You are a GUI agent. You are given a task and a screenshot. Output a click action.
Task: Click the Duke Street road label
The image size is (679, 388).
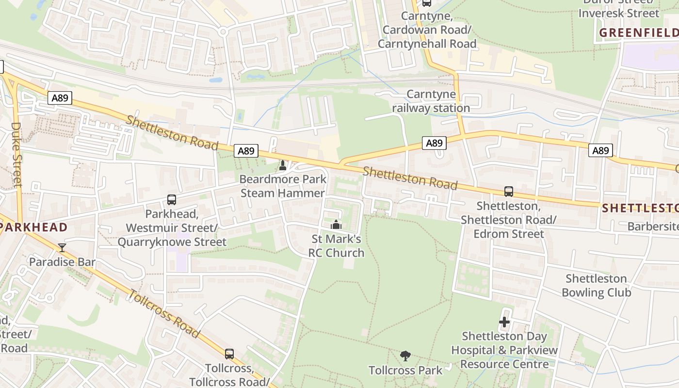(16, 154)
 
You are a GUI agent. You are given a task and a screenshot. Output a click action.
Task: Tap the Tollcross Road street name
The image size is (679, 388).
(164, 313)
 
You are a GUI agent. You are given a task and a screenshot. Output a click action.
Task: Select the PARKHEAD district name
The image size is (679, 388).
(33, 227)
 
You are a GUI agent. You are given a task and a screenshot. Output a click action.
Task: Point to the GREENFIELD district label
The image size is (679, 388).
(638, 32)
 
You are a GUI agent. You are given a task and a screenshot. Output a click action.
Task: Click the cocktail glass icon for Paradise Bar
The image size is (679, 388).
(62, 248)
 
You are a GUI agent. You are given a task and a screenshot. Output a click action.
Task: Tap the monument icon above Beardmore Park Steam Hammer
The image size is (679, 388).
(283, 165)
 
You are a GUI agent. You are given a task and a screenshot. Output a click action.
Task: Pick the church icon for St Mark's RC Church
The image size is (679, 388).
(336, 225)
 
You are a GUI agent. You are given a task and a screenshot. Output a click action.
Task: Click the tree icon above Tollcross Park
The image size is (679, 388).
(405, 356)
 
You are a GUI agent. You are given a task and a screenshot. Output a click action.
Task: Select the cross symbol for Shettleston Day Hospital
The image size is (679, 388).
(504, 322)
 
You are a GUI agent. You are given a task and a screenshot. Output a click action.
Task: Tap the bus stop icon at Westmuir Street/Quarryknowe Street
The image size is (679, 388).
(171, 200)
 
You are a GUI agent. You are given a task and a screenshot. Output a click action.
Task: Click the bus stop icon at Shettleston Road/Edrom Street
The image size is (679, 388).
(508, 192)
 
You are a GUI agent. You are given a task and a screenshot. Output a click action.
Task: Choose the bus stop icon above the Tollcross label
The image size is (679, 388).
(229, 354)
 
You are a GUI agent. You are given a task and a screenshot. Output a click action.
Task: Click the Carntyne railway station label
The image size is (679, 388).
(431, 101)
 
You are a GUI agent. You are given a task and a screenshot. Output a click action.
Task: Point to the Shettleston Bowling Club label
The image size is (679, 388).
(596, 286)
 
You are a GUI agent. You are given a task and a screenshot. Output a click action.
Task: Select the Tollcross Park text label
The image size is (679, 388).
(405, 371)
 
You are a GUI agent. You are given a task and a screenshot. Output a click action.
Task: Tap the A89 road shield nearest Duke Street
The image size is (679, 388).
(60, 98)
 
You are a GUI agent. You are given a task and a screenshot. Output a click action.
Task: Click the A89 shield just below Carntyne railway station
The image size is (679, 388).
(434, 143)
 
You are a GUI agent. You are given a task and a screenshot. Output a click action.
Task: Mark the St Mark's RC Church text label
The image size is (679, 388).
(336, 246)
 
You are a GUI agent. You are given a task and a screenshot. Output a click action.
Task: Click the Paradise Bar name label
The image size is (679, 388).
(62, 262)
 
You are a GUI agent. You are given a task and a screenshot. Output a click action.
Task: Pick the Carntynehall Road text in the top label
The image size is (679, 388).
(427, 44)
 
